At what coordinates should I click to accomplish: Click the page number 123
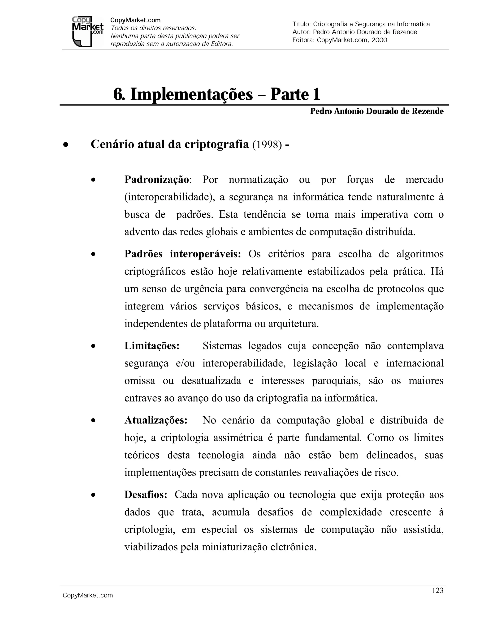tap(437, 590)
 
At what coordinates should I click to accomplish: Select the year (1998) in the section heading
tap(267, 145)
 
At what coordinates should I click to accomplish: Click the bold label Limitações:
tap(152, 346)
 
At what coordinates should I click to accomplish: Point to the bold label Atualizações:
tap(156, 420)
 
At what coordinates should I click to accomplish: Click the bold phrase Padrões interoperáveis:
tap(183, 254)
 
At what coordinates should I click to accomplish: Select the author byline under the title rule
tap(376, 111)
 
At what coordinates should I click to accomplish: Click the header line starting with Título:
tap(361, 24)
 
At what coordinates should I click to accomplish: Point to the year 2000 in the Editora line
tap(379, 40)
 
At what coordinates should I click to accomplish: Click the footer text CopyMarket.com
tap(88, 596)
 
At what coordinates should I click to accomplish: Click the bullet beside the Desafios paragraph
tap(93, 495)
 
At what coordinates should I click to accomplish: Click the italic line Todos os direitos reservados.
tap(153, 28)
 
